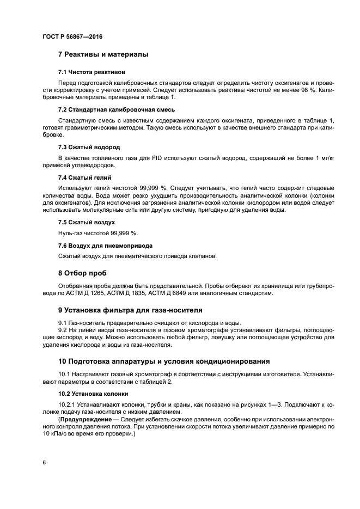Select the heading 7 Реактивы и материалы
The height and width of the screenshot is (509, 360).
coord(103,54)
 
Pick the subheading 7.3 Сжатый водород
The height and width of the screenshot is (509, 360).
coord(89,147)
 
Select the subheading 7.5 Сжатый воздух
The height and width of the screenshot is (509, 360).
coord(86,222)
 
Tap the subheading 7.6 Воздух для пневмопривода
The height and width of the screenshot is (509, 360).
coord(105,246)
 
